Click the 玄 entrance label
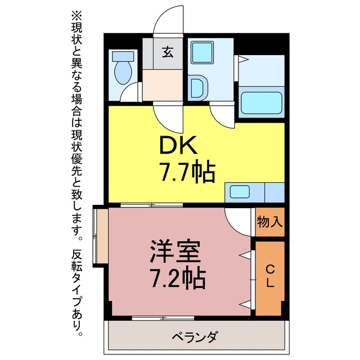coord(168,52)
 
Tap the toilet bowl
coord(123,73)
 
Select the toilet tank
coord(123,56)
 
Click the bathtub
coord(262,102)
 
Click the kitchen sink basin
coord(240,192)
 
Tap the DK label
coord(178,145)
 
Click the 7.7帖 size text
coord(187,173)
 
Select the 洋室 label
coord(175,251)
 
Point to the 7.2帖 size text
coord(177,277)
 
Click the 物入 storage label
coord(269,222)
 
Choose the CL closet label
coord(270,276)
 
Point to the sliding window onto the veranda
coord(163,318)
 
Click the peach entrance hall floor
coord(163,85)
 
